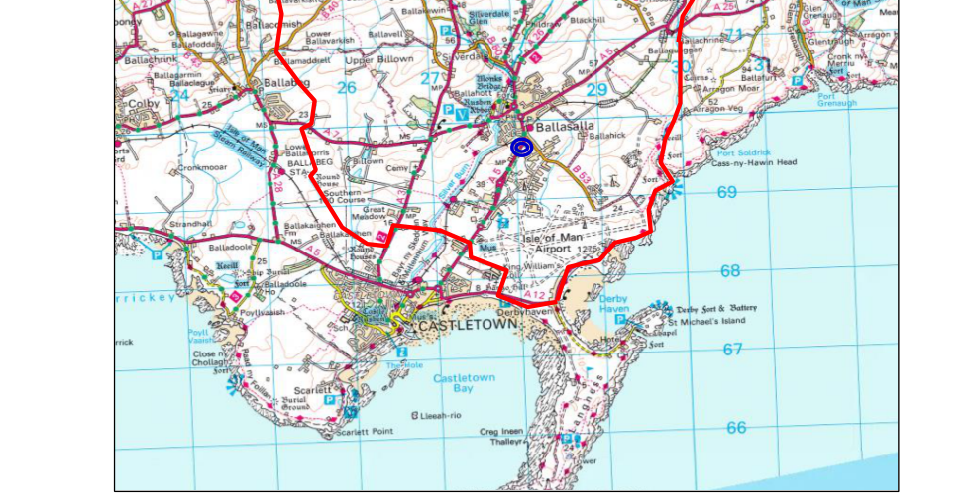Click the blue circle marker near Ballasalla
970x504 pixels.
click(522, 148)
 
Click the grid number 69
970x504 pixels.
click(727, 192)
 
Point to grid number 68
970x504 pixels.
click(730, 271)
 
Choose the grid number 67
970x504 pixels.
click(732, 350)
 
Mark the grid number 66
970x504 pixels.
click(735, 428)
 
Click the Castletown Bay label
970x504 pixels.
click(464, 384)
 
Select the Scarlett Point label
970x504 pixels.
click(364, 432)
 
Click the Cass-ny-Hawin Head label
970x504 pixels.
click(754, 163)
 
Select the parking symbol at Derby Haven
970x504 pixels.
click(621, 321)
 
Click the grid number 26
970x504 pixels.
click(346, 88)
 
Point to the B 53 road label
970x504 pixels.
click(586, 179)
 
